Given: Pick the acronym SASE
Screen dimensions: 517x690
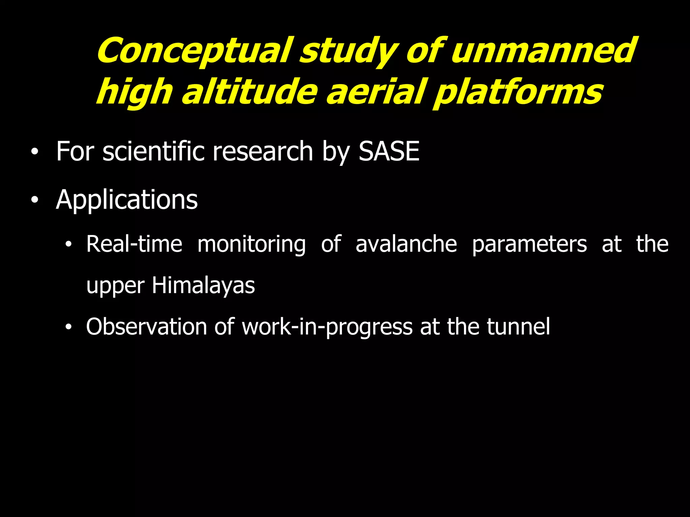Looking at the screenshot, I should pos(389,151).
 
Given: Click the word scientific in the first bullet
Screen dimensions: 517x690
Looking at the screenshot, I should pos(153,151).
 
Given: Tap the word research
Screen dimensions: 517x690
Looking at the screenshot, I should pos(263,151).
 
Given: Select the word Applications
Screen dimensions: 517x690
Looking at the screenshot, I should pos(127,200).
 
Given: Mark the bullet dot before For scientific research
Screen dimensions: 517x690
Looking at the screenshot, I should pos(34,152).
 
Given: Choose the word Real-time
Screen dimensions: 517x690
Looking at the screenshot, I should pos(134,244).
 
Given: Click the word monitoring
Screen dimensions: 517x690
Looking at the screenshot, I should pos(251,244).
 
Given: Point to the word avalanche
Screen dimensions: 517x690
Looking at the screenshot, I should pos(406,244).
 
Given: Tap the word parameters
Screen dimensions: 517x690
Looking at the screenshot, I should pos(529,244).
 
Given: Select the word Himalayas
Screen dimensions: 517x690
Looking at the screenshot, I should pos(203,285).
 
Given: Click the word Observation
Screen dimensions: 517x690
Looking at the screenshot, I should pos(146,326).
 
